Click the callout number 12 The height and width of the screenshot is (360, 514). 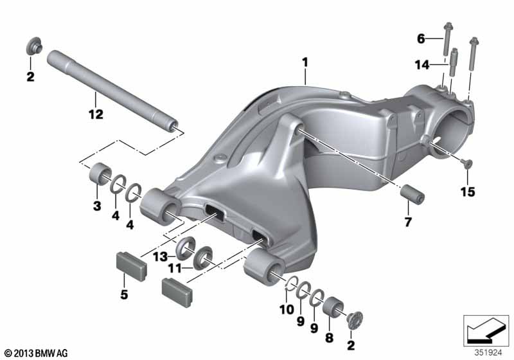coord(96,114)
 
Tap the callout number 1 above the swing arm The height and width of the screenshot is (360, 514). coord(305,62)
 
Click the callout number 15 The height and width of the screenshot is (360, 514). coord(468,192)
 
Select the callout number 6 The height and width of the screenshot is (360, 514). coord(421,39)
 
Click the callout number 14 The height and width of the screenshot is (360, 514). coord(422,65)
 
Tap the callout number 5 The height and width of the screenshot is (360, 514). coord(124,294)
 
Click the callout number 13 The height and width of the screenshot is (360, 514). coord(160,256)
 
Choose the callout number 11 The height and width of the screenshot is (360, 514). coord(174,269)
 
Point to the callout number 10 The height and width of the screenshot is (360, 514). coord(287,309)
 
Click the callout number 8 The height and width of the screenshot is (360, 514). coord(329,337)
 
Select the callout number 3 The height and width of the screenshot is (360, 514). coord(97,206)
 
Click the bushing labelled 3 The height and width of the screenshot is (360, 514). coord(100,174)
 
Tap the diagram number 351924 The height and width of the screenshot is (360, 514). coord(488,353)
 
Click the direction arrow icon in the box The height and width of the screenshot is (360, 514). coord(486,330)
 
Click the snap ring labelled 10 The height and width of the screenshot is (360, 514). coord(292,283)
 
